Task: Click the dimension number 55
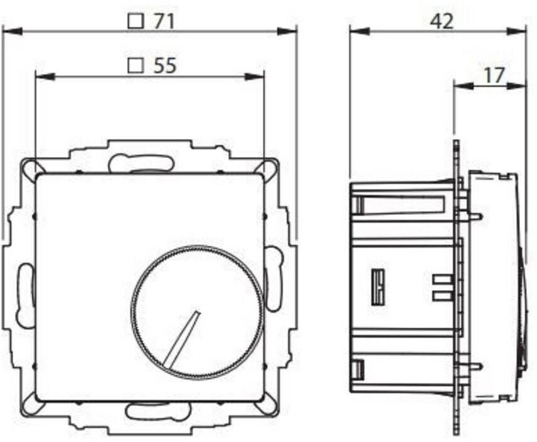pos(165,65)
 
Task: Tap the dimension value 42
pos(442,21)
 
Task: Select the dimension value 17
pos(495,75)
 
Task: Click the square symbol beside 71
pos(136,21)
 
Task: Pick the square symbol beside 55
pos(136,65)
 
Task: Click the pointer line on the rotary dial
pos(181,338)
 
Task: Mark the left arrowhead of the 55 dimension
pos(45,77)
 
